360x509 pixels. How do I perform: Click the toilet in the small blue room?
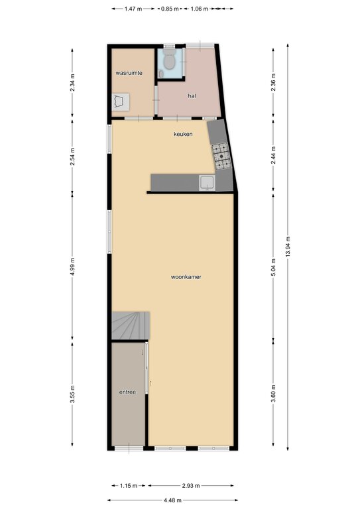click(169, 59)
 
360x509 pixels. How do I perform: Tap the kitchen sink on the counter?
click(207, 183)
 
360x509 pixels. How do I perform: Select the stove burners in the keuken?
click(221, 156)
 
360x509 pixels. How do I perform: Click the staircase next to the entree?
click(131, 325)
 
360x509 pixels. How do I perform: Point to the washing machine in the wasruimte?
click(121, 102)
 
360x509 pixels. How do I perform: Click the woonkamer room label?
click(186, 277)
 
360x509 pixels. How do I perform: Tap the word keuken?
click(183, 134)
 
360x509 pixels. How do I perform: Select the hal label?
click(192, 95)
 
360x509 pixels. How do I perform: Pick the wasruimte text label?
click(129, 73)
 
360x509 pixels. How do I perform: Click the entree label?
click(127, 392)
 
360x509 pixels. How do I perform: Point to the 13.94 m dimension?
click(288, 247)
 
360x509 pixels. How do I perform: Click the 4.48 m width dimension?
click(172, 500)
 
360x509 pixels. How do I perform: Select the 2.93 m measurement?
click(191, 486)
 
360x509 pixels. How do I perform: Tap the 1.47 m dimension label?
click(133, 9)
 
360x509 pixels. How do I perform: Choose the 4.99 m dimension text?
click(72, 267)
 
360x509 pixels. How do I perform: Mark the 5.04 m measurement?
click(273, 268)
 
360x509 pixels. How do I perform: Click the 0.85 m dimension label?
click(170, 9)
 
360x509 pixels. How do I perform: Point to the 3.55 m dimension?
click(72, 394)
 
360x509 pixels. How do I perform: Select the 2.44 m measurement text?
click(273, 156)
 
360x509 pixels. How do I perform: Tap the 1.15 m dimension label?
click(129, 486)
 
